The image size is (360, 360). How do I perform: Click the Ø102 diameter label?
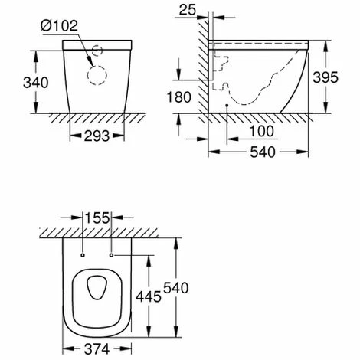[x=59, y=25]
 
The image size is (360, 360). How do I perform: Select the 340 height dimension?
[x=36, y=83]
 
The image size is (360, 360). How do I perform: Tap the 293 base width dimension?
[x=97, y=136]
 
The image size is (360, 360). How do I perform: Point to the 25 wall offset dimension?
[x=188, y=10]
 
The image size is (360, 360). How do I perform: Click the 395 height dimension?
[x=326, y=77]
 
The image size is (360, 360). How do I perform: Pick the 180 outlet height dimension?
[x=178, y=97]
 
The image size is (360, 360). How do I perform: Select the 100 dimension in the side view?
[x=261, y=131]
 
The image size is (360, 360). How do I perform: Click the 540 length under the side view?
[x=263, y=152]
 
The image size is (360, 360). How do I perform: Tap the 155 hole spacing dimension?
[x=97, y=218]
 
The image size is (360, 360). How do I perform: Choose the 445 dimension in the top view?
[x=149, y=296]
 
